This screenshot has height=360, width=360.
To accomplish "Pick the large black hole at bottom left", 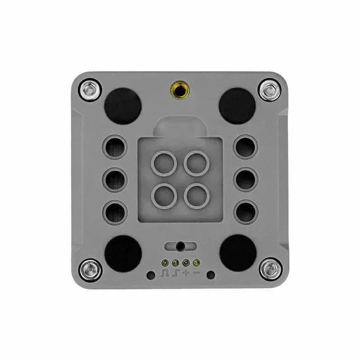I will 124,251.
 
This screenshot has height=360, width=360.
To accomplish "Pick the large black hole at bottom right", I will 237,251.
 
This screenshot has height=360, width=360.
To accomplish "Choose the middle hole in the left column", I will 115,178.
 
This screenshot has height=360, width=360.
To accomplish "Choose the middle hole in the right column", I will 245,178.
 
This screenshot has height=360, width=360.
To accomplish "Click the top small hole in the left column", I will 115,146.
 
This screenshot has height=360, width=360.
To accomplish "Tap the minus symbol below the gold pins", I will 197,274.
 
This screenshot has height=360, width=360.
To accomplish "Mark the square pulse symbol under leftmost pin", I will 164,274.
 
